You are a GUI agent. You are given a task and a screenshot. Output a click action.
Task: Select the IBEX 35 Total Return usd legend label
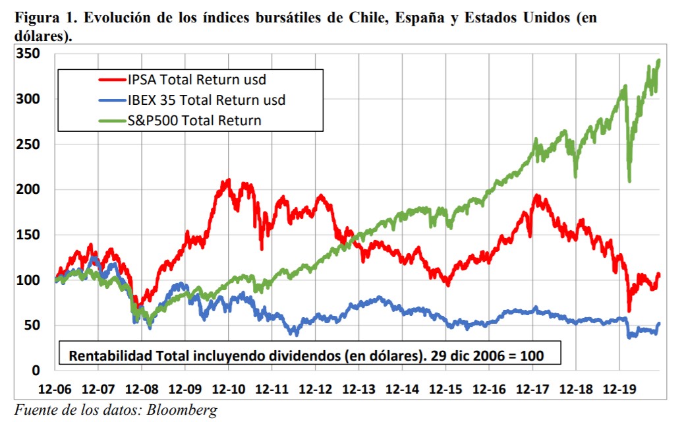click(207, 100)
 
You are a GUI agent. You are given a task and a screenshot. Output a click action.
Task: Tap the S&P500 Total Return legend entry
click(194, 120)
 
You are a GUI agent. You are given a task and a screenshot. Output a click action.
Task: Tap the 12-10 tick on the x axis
click(230, 389)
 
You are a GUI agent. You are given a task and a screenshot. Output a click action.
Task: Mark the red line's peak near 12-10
click(228, 180)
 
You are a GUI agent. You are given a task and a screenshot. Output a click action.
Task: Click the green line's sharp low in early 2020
click(630, 181)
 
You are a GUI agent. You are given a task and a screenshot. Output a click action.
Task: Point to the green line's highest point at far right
click(658, 60)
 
